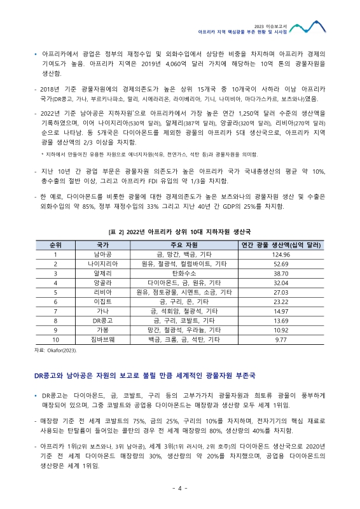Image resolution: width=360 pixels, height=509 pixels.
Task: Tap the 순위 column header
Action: point(55,244)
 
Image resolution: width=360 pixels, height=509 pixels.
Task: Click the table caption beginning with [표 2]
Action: point(180,232)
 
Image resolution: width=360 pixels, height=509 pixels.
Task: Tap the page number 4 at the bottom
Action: point(180,488)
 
